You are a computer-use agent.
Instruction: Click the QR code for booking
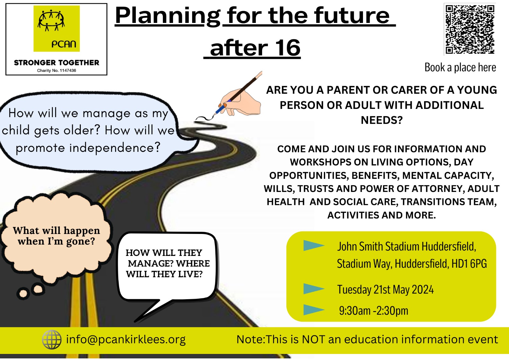pos(470,29)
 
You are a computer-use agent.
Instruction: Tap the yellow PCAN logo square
pos(57,29)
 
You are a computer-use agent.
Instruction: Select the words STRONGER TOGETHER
pos(57,63)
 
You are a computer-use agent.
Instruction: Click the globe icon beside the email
pos(52,339)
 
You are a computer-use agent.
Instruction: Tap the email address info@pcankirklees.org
pos(126,339)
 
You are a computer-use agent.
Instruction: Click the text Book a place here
pos(460,67)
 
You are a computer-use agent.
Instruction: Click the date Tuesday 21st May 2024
pos(385,290)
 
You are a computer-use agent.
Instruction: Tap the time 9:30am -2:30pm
pos(373,311)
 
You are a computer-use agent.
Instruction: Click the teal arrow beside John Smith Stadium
pos(313,245)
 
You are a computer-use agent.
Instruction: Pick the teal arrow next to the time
pos(313,310)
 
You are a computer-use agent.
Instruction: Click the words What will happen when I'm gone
pos(56,236)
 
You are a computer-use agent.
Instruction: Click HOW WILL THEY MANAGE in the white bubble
pos(164,258)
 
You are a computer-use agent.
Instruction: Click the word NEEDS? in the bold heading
pos(381,120)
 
